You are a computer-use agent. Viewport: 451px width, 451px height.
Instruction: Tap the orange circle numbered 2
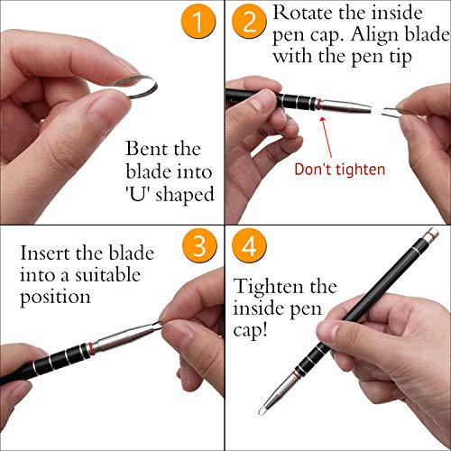coord(247,24)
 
